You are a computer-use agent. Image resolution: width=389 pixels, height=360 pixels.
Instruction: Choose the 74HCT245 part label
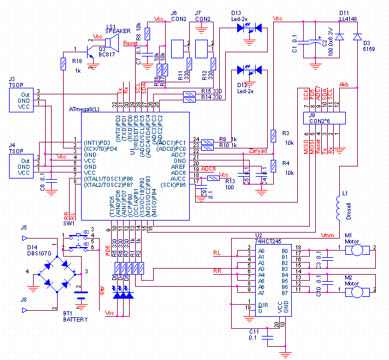tap(268, 240)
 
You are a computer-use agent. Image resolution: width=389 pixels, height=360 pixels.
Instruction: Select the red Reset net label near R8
tap(130, 44)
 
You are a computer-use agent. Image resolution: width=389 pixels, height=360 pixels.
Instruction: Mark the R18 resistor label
tap(76, 61)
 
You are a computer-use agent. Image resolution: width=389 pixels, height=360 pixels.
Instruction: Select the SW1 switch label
tap(70, 223)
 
